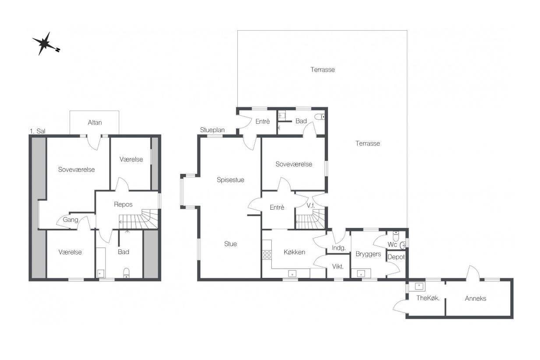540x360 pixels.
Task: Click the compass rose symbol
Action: [45, 44]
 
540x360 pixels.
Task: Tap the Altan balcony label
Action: [95, 122]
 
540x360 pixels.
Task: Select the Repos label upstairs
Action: [123, 204]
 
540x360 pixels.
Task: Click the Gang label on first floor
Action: [70, 220]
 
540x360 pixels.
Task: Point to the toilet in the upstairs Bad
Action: [126, 273]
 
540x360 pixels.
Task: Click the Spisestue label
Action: [231, 180]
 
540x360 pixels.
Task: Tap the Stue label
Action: [231, 244]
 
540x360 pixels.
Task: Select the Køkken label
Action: [295, 252]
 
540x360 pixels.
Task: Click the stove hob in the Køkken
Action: [267, 255]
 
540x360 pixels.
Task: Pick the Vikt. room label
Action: [338, 266]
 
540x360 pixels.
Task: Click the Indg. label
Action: [338, 248]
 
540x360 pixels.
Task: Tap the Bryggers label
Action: [368, 254]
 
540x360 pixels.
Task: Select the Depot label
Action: [396, 257]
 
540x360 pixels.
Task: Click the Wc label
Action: [392, 245]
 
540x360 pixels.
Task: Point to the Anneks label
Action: [475, 298]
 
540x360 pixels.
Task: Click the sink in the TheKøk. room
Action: [419, 286]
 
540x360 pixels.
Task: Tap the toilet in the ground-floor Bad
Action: [320, 117]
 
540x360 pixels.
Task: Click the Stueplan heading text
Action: [212, 130]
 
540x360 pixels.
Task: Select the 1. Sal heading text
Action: [38, 131]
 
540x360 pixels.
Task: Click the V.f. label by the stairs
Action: [311, 206]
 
